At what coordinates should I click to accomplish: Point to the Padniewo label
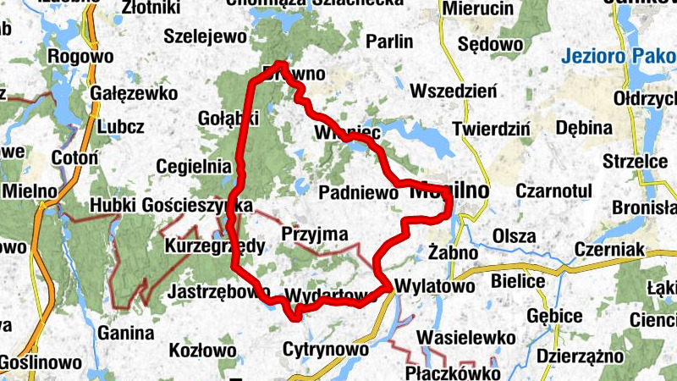tap(358, 194)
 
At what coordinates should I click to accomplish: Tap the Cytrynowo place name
tap(326, 349)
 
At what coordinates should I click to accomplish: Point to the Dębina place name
tap(585, 128)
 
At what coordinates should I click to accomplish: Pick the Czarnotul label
tap(549, 191)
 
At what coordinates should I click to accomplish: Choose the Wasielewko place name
tap(466, 338)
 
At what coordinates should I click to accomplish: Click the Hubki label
tap(113, 205)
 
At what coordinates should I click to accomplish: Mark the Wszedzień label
tap(454, 91)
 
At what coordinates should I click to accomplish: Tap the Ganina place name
tap(126, 333)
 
